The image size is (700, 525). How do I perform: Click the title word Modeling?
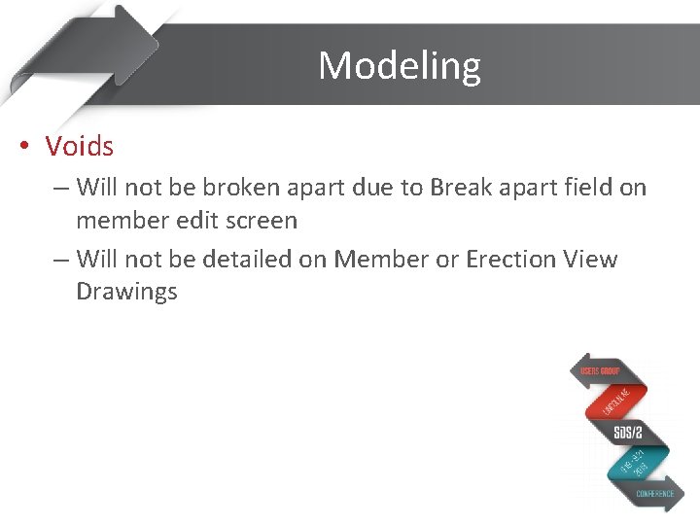(399, 66)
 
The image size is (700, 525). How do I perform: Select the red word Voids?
(80, 147)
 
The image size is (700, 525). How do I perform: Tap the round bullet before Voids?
(24, 148)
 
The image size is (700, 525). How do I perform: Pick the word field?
(582, 187)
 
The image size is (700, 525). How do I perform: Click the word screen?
(262, 221)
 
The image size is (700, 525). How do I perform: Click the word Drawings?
(126, 293)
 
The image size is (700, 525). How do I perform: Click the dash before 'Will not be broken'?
(60, 187)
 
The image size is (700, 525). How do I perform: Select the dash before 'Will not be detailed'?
(60, 259)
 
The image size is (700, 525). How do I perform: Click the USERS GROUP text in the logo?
(600, 371)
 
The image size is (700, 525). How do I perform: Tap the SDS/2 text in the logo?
(627, 433)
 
